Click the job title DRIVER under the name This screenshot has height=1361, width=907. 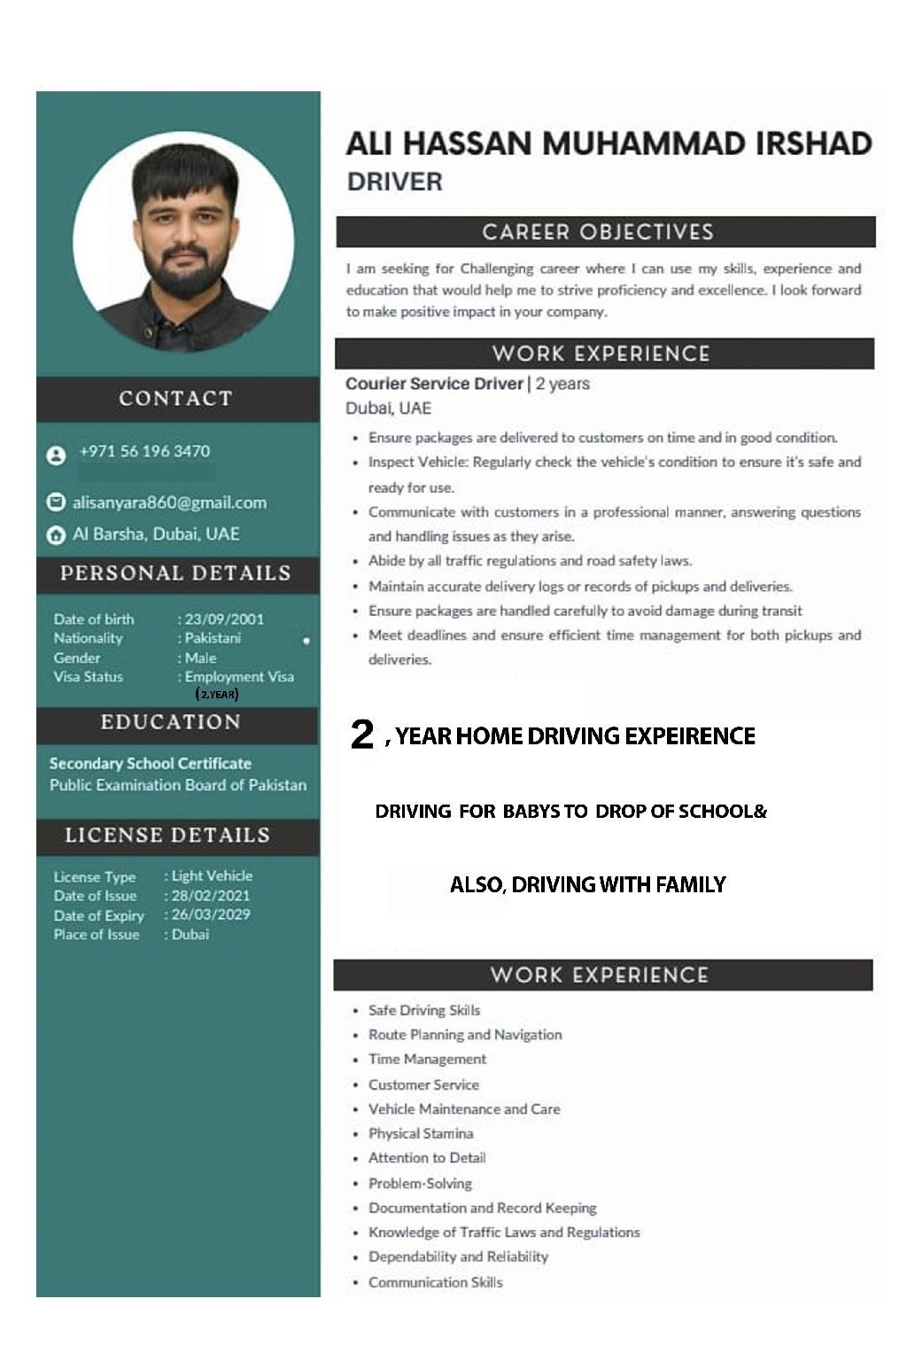394,182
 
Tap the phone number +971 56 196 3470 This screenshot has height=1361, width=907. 144,451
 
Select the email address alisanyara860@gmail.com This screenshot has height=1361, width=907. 169,502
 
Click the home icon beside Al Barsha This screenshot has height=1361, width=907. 56,534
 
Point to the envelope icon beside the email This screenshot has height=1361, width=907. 56,502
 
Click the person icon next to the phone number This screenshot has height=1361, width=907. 56,455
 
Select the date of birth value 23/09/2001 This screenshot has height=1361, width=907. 224,619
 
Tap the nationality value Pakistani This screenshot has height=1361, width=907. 213,638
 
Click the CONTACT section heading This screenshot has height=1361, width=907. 175,399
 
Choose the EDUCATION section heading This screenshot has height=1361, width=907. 171,722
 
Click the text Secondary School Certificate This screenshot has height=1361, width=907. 151,763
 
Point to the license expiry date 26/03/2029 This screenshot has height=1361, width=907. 211,914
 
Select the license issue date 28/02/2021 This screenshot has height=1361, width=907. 211,895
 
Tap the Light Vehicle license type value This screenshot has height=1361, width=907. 212,875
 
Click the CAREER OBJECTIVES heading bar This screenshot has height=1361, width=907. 598,232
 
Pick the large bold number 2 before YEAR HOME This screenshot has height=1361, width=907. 362,735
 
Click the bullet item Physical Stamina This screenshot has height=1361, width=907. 421,1133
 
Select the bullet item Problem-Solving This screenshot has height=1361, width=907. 420,1183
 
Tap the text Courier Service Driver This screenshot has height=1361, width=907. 434,384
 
